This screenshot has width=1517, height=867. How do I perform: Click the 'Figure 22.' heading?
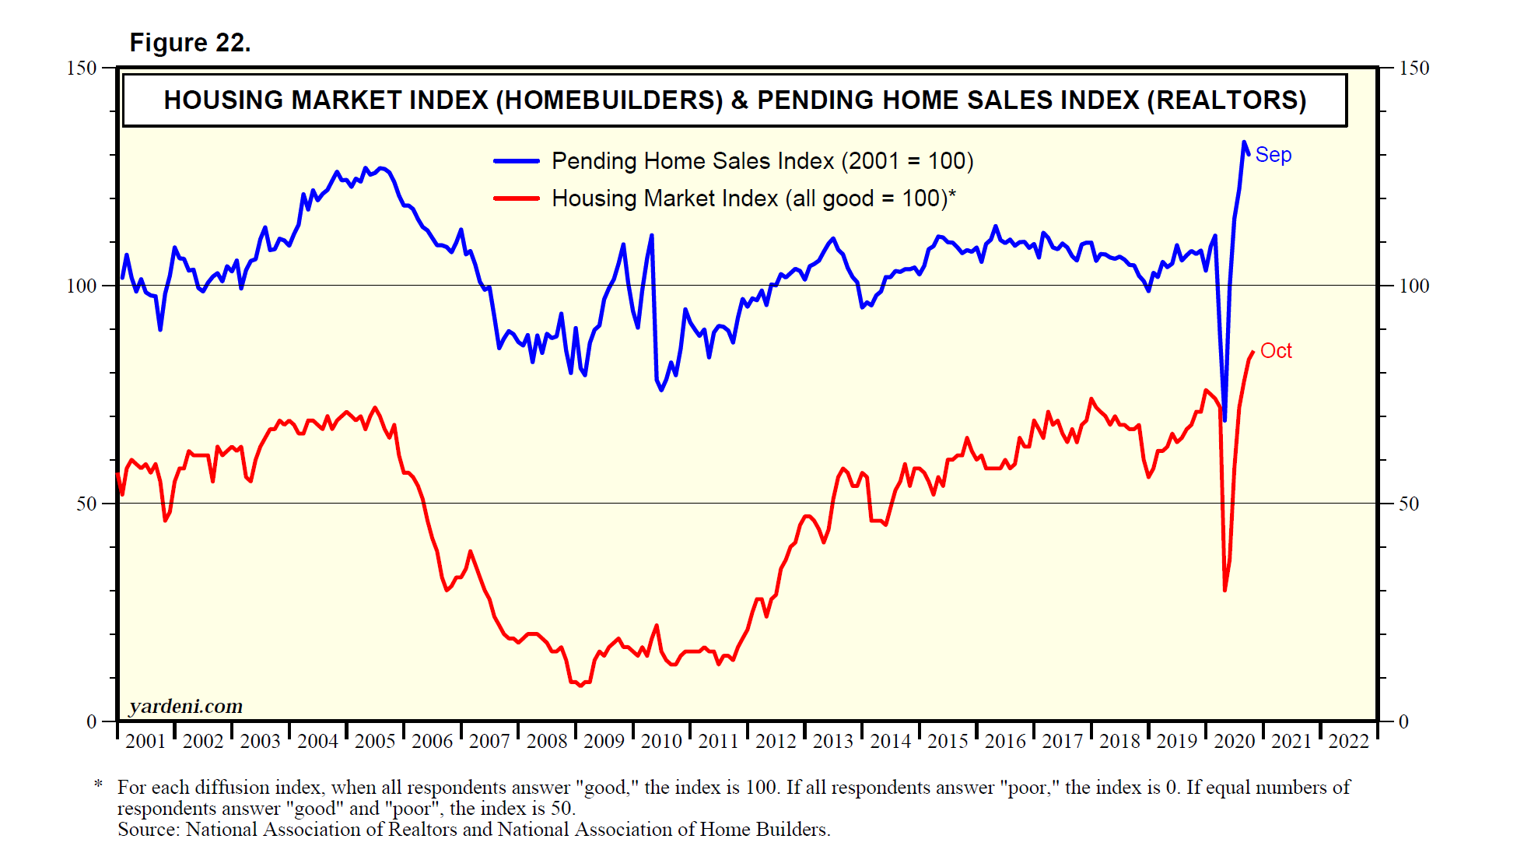pyautogui.click(x=190, y=43)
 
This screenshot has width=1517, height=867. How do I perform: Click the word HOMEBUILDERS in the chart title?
pyautogui.click(x=609, y=100)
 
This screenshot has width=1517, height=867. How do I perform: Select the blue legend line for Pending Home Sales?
pyautogui.click(x=517, y=161)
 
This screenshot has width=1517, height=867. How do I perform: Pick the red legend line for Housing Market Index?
pyautogui.click(x=517, y=198)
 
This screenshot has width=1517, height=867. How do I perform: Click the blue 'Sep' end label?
pyautogui.click(x=1273, y=155)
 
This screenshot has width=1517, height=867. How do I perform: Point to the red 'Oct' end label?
pyautogui.click(x=1276, y=351)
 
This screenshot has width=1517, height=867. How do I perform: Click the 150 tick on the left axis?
pyautogui.click(x=82, y=68)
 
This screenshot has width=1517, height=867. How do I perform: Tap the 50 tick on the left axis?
pyautogui.click(x=86, y=504)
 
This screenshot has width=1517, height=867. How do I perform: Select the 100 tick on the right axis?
pyautogui.click(x=1414, y=286)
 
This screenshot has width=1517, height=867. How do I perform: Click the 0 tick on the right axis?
pyautogui.click(x=1403, y=721)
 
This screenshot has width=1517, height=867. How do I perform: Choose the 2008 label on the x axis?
pyautogui.click(x=547, y=741)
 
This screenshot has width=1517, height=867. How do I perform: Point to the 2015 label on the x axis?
pyautogui.click(x=948, y=741)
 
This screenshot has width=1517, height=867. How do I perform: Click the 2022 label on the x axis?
pyautogui.click(x=1348, y=741)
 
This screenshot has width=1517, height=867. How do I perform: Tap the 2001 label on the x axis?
pyautogui.click(x=145, y=741)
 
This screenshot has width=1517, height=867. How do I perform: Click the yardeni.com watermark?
pyautogui.click(x=186, y=706)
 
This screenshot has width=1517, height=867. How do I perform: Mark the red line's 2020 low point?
pyautogui.click(x=1224, y=590)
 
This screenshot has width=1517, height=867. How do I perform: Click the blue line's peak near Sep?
pyautogui.click(x=1244, y=142)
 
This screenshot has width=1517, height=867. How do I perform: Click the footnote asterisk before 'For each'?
pyautogui.click(x=98, y=785)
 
